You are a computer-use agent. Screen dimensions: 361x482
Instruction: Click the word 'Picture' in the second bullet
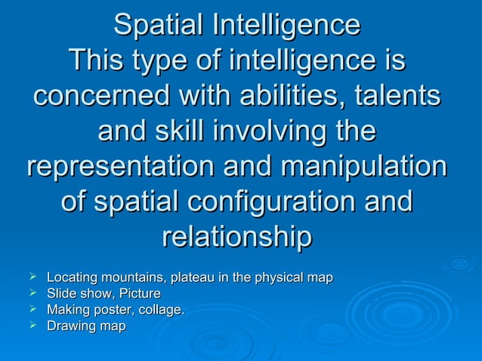coord(140,294)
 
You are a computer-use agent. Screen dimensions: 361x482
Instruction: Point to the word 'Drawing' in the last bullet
coord(70,327)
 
